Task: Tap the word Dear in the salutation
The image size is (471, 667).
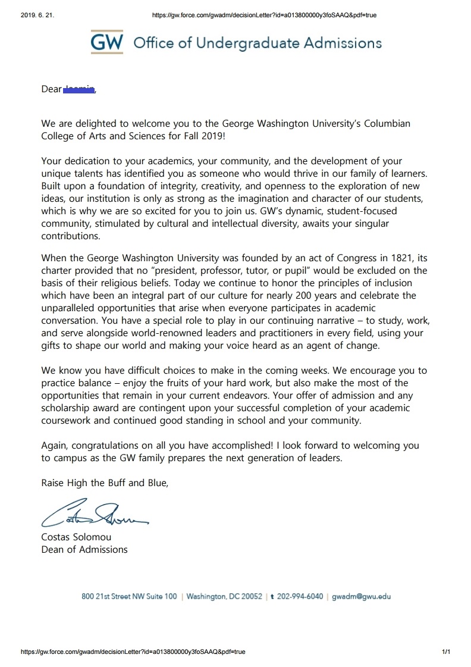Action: pos(51,89)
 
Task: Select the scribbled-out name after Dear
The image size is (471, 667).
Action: pos(79,89)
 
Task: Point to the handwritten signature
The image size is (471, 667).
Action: pos(92,515)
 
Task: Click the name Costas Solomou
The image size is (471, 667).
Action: pos(76,537)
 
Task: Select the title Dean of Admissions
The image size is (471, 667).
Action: pos(84,549)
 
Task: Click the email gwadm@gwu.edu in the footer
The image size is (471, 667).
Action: pos(361,597)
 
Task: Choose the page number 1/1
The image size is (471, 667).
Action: pos(447,652)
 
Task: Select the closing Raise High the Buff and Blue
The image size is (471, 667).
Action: pos(105,483)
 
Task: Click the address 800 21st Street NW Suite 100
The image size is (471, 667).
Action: pos(129,597)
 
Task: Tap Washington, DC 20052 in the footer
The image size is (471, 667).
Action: pos(224,597)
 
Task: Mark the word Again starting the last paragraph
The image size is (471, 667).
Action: pos(55,445)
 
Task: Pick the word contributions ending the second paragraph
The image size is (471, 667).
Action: pos(71,236)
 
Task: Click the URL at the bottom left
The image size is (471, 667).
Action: pos(133,652)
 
